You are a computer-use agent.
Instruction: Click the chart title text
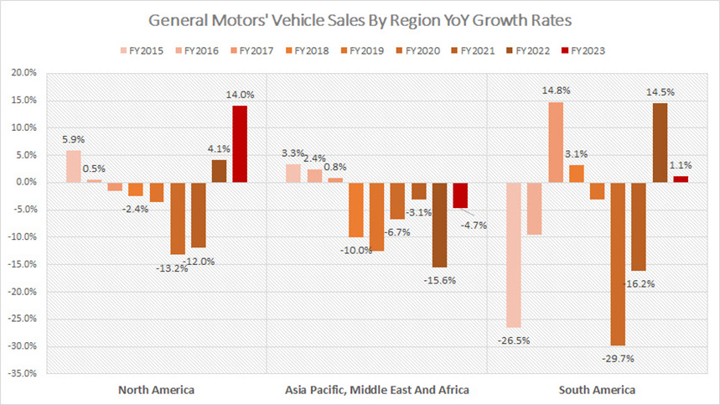click(360, 18)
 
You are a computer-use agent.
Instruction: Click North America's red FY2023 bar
click(239, 143)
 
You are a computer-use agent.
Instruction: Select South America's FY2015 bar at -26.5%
click(514, 254)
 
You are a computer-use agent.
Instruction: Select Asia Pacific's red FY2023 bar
click(458, 195)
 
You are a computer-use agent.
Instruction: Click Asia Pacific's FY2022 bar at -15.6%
click(438, 225)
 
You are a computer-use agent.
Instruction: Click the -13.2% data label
click(172, 268)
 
